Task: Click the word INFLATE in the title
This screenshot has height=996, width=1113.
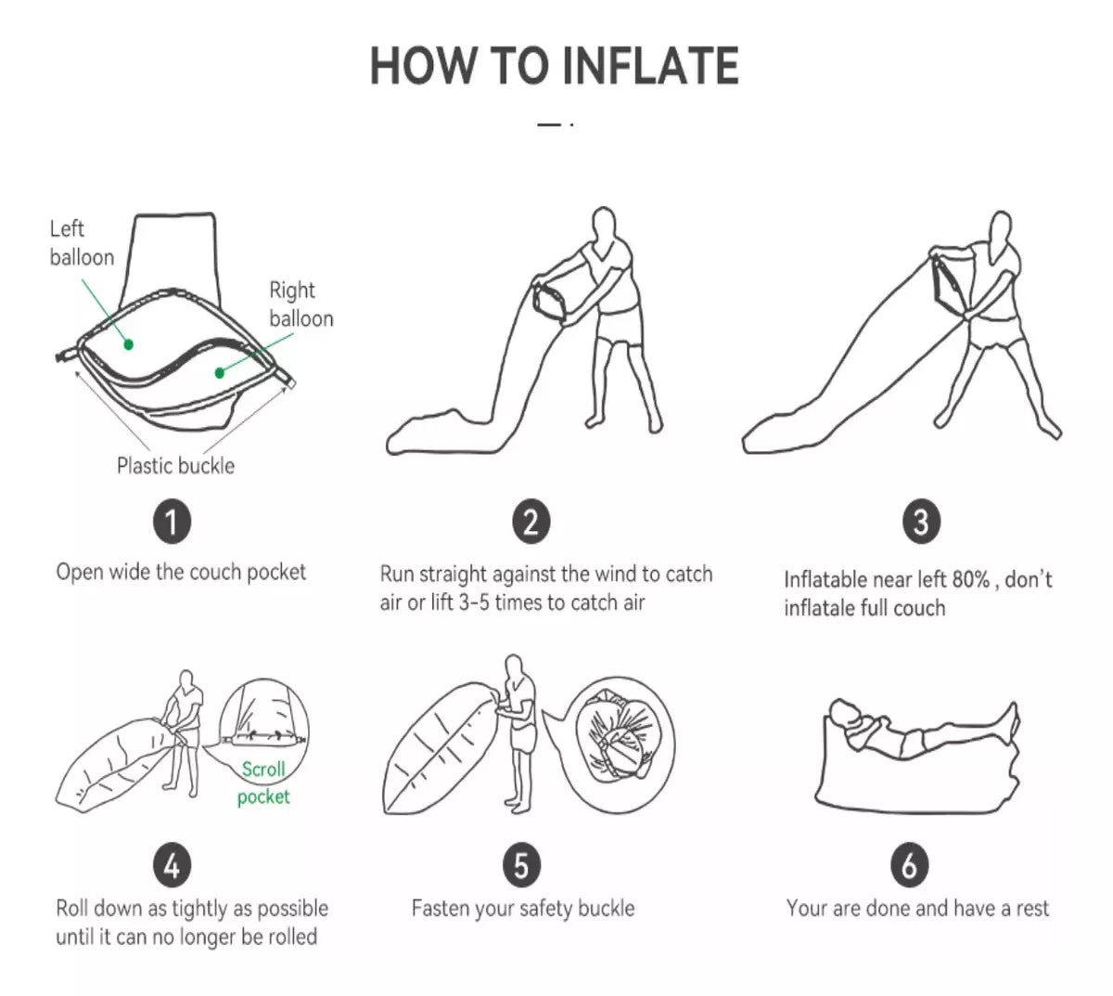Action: tap(650, 66)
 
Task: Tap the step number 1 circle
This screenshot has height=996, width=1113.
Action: tap(172, 522)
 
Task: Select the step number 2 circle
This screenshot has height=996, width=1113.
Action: tap(531, 522)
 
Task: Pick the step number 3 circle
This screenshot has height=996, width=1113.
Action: tap(921, 522)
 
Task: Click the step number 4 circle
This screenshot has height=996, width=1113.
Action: tap(172, 865)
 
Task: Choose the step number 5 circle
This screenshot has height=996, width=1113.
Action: tap(521, 865)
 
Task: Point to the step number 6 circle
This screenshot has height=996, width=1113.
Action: tap(909, 865)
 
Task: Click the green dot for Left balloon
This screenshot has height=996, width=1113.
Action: tap(129, 344)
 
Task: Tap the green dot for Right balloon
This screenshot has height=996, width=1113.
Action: tap(219, 373)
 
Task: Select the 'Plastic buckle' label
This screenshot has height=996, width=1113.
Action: tap(176, 466)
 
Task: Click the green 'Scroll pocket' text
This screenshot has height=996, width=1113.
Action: tap(263, 783)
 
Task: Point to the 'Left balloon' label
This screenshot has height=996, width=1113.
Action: tap(82, 243)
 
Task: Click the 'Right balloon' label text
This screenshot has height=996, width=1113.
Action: tap(301, 304)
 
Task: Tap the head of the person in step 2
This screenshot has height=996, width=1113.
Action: tap(605, 223)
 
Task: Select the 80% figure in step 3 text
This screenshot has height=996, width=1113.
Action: tap(971, 579)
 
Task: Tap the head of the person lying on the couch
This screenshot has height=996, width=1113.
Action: tap(841, 712)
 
